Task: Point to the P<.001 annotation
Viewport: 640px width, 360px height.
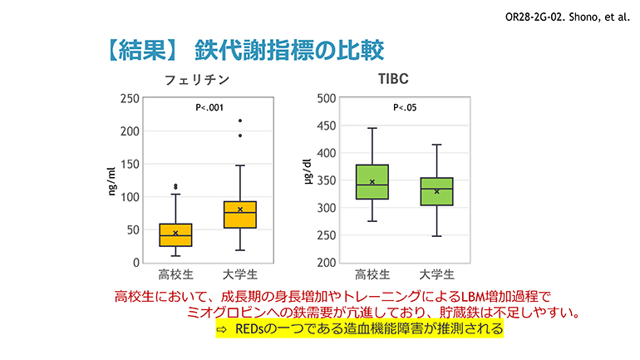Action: tap(209, 107)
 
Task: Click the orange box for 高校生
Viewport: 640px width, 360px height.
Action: tap(175, 235)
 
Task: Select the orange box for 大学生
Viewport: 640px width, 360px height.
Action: tap(240, 215)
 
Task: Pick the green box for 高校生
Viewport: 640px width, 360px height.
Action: tap(372, 182)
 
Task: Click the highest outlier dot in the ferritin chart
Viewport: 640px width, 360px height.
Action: tap(240, 121)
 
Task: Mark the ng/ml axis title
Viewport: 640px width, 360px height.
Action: tap(112, 180)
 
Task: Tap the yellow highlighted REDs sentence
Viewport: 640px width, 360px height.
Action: tap(359, 329)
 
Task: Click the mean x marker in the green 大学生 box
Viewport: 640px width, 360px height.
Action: tap(437, 191)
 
